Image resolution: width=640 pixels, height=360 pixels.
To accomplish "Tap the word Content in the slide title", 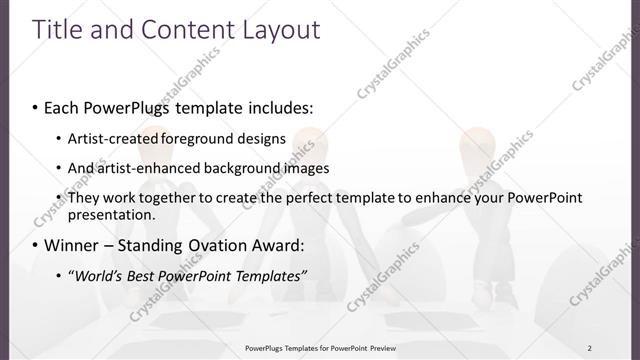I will click(186, 29).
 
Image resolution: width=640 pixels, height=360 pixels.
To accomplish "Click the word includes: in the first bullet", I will click(278, 106).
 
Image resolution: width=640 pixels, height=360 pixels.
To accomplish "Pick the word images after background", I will click(302, 167).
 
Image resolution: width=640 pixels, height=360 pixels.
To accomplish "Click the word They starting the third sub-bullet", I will click(84, 198).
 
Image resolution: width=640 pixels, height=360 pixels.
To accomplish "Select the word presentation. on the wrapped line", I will click(111, 214).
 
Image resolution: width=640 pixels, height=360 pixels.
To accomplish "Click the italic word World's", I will click(101, 275).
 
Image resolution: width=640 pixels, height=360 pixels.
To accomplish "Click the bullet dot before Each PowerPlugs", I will click(36, 107).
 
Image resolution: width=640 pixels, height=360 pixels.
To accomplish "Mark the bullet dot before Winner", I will click(36, 246).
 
